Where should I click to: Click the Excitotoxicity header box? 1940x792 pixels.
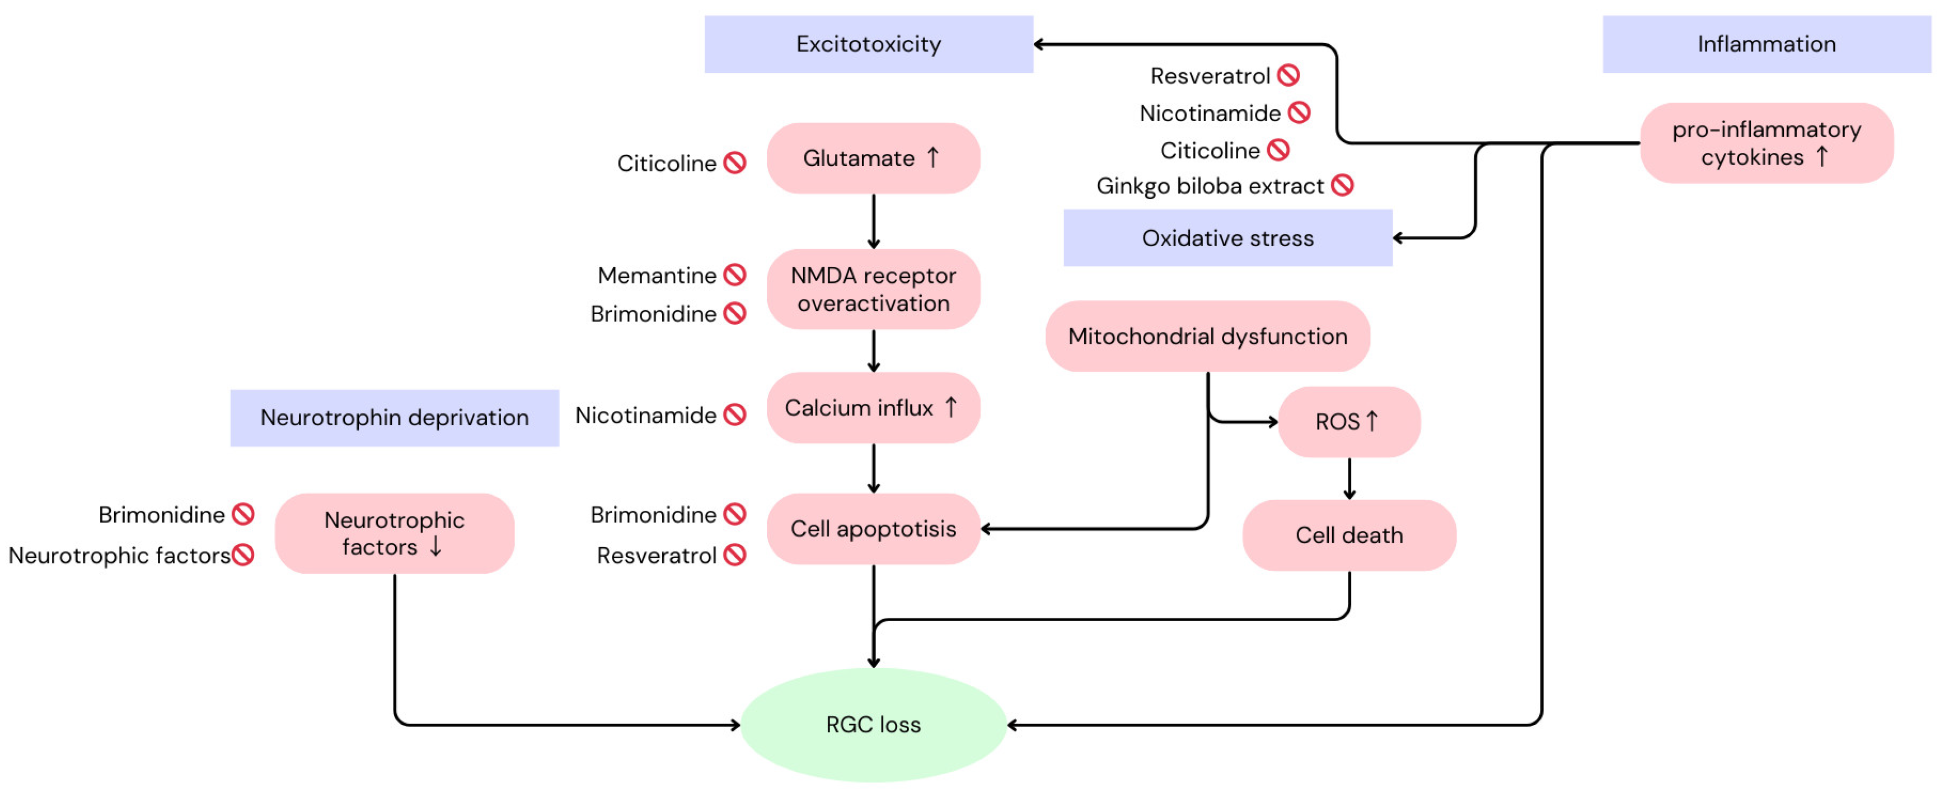pyautogui.click(x=868, y=44)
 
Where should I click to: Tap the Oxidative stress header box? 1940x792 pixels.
pyautogui.click(x=1227, y=237)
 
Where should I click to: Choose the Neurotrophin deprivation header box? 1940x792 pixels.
pyautogui.click(x=395, y=417)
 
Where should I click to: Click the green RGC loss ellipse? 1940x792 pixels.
pyautogui.click(x=874, y=724)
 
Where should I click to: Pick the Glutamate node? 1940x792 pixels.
pyautogui.click(x=874, y=159)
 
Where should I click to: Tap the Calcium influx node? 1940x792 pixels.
pyautogui.click(x=874, y=408)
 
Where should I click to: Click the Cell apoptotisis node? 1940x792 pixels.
pyautogui.click(x=874, y=529)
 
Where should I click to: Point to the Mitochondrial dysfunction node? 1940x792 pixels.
pyautogui.click(x=1208, y=336)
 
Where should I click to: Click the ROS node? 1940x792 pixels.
pyautogui.click(x=1349, y=422)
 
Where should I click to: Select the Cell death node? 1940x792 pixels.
pyautogui.click(x=1349, y=535)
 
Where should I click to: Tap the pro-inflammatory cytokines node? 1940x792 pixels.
pyautogui.click(x=1767, y=143)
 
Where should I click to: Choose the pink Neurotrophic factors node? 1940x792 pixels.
pyautogui.click(x=395, y=534)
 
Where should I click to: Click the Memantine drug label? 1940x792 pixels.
pyautogui.click(x=657, y=276)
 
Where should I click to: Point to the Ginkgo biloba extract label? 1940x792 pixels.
pyautogui.click(x=1210, y=186)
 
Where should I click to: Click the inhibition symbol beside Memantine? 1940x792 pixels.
pyautogui.click(x=735, y=275)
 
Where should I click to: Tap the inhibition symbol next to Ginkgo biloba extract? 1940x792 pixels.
pyautogui.click(x=1343, y=185)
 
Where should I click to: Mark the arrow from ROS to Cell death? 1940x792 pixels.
pyautogui.click(x=1349, y=478)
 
